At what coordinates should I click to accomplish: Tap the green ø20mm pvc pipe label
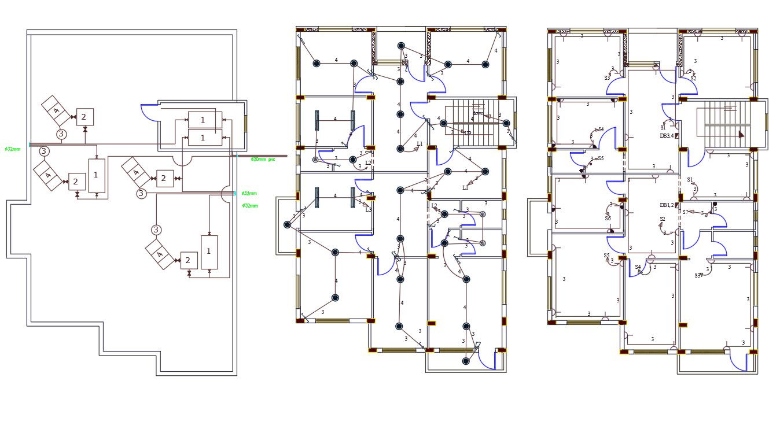pyautogui.click(x=262, y=159)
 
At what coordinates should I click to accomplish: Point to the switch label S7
pyautogui.click(x=685, y=212)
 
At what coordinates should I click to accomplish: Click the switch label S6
pyautogui.click(x=608, y=219)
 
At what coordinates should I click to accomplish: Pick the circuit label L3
pyautogui.click(x=368, y=210)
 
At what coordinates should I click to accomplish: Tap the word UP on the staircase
pyautogui.click(x=467, y=133)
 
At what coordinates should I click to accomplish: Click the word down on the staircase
pyautogui.click(x=478, y=113)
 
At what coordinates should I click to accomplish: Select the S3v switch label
pyautogui.click(x=698, y=276)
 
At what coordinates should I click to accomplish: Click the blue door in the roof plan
pyautogui.click(x=149, y=113)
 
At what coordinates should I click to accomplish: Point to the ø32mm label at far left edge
pyautogui.click(x=12, y=149)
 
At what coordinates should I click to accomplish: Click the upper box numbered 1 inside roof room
pyautogui.click(x=203, y=120)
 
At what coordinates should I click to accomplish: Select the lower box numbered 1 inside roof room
pyautogui.click(x=203, y=138)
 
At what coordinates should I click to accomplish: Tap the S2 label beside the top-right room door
pyautogui.click(x=693, y=78)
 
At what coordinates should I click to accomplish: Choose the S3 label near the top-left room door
pyautogui.click(x=608, y=77)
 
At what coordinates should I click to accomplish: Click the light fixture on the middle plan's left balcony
pyautogui.click(x=287, y=225)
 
